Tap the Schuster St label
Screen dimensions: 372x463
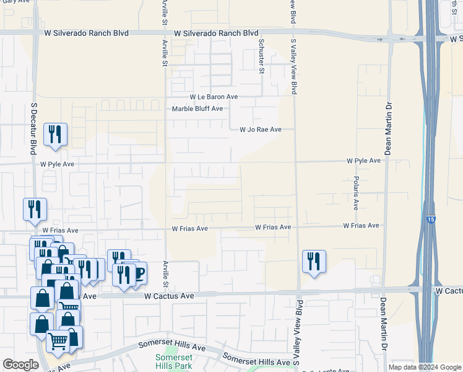(261, 56)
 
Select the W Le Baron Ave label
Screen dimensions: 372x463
(214, 97)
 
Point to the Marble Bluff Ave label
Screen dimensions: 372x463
(197, 108)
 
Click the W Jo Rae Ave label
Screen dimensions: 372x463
(261, 130)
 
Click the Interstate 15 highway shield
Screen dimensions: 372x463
(430, 219)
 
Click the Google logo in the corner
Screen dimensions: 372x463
(20, 365)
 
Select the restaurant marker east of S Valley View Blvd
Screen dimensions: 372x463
(314, 261)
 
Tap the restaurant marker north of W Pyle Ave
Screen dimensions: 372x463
(55, 135)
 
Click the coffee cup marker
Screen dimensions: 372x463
(138, 272)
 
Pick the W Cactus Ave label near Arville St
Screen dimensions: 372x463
(169, 296)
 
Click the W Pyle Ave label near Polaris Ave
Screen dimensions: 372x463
(363, 161)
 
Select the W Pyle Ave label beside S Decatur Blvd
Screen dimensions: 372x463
(57, 164)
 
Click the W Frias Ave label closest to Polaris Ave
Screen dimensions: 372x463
(361, 226)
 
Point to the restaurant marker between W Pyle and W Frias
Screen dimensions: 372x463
(35, 209)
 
